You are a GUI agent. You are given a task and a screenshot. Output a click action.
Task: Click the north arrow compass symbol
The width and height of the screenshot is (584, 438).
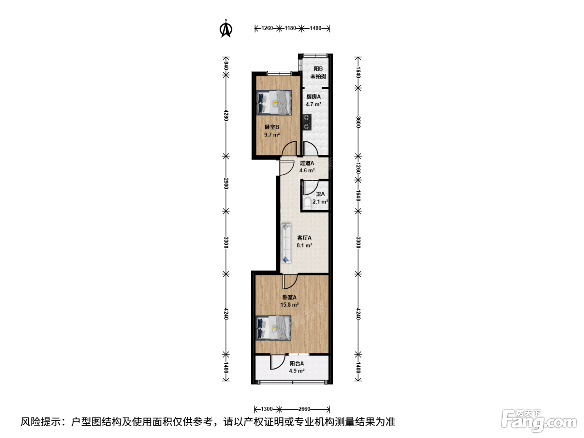(x=226, y=29)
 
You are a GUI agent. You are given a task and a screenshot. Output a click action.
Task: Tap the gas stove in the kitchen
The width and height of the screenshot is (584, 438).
(x=307, y=122)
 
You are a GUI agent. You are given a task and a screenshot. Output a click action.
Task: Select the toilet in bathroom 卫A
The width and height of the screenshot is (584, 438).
(x=307, y=203)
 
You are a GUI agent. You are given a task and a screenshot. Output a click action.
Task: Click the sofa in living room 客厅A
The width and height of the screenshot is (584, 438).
(x=286, y=243)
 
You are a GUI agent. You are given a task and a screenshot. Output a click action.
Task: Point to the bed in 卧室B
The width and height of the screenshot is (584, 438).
(x=274, y=103)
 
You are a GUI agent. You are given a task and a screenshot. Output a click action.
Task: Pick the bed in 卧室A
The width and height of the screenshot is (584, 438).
(x=274, y=327)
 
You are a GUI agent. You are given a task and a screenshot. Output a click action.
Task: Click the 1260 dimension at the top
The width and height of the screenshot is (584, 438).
(x=267, y=28)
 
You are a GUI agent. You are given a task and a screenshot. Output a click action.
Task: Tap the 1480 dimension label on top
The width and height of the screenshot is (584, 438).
(x=315, y=28)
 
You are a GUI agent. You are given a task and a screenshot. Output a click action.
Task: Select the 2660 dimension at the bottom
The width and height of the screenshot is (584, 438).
(x=304, y=409)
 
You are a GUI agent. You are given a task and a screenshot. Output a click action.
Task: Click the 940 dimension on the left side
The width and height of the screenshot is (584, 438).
(x=226, y=65)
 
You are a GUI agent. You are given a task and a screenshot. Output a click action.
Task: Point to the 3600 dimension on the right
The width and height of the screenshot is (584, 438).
(x=358, y=122)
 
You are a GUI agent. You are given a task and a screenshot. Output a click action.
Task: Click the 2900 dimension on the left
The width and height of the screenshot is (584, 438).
(x=226, y=183)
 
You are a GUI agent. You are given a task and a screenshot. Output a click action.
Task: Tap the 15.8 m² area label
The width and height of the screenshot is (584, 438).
(x=289, y=305)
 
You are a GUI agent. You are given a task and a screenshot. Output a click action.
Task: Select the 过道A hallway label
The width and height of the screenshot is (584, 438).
(x=307, y=163)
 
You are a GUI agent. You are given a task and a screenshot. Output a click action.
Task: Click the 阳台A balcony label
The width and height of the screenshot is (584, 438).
(x=297, y=363)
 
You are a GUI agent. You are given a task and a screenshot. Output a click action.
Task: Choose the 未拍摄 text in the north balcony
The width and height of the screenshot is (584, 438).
(x=318, y=76)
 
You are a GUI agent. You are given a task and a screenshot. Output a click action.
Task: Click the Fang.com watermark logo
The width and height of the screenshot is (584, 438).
(x=539, y=421)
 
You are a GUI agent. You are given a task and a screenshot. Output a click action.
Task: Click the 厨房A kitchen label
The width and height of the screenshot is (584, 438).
(x=313, y=97)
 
